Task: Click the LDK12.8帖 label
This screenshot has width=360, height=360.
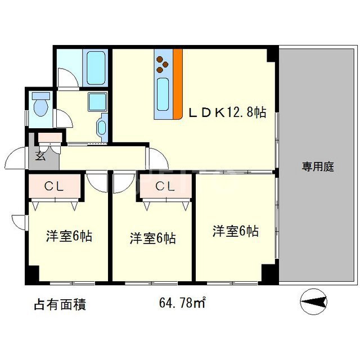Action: tap(227, 112)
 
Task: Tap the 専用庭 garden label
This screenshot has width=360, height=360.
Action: tap(318, 166)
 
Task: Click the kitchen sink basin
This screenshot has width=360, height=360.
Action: tap(163, 93)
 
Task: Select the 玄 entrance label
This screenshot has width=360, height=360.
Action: tap(41, 157)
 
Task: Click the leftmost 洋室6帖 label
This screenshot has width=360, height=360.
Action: tap(69, 236)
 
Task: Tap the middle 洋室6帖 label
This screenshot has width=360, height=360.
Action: tap(152, 238)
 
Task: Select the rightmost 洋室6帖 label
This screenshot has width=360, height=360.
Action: tap(235, 231)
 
